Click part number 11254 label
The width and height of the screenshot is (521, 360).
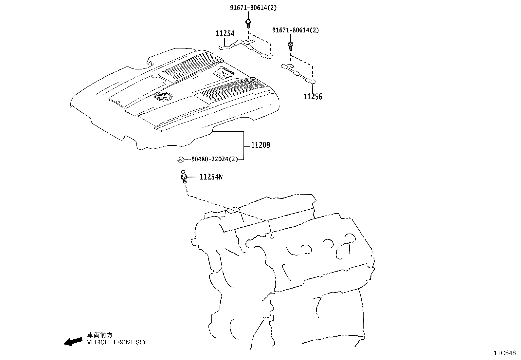point(225,33)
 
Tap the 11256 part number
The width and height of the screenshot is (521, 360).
point(313,97)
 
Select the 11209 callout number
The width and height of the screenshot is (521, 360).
point(260,145)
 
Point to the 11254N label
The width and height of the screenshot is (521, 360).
point(211,177)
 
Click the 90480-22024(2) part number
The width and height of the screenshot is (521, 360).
point(215,160)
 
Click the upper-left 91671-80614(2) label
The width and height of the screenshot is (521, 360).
point(253,8)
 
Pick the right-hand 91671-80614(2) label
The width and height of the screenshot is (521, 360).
point(296,30)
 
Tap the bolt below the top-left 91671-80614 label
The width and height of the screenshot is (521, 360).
point(248,23)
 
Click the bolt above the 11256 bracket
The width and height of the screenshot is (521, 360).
point(290,46)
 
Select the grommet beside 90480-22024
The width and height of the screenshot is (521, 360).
point(180,160)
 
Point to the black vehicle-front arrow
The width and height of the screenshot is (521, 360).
point(73,341)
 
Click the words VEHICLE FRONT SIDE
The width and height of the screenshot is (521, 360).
point(118,342)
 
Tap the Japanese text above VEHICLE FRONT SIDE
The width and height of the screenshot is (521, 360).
point(99,335)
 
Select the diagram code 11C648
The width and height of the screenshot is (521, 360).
point(505,353)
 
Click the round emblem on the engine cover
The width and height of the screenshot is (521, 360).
point(162,97)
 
